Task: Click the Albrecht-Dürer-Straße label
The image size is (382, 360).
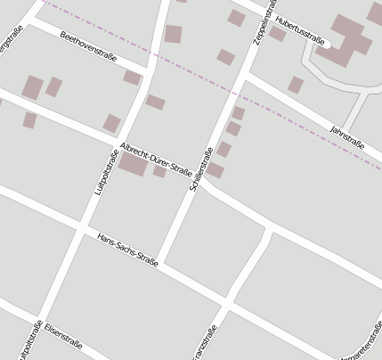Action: tap(155, 160)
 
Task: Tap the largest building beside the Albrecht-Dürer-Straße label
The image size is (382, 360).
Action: tap(133, 165)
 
